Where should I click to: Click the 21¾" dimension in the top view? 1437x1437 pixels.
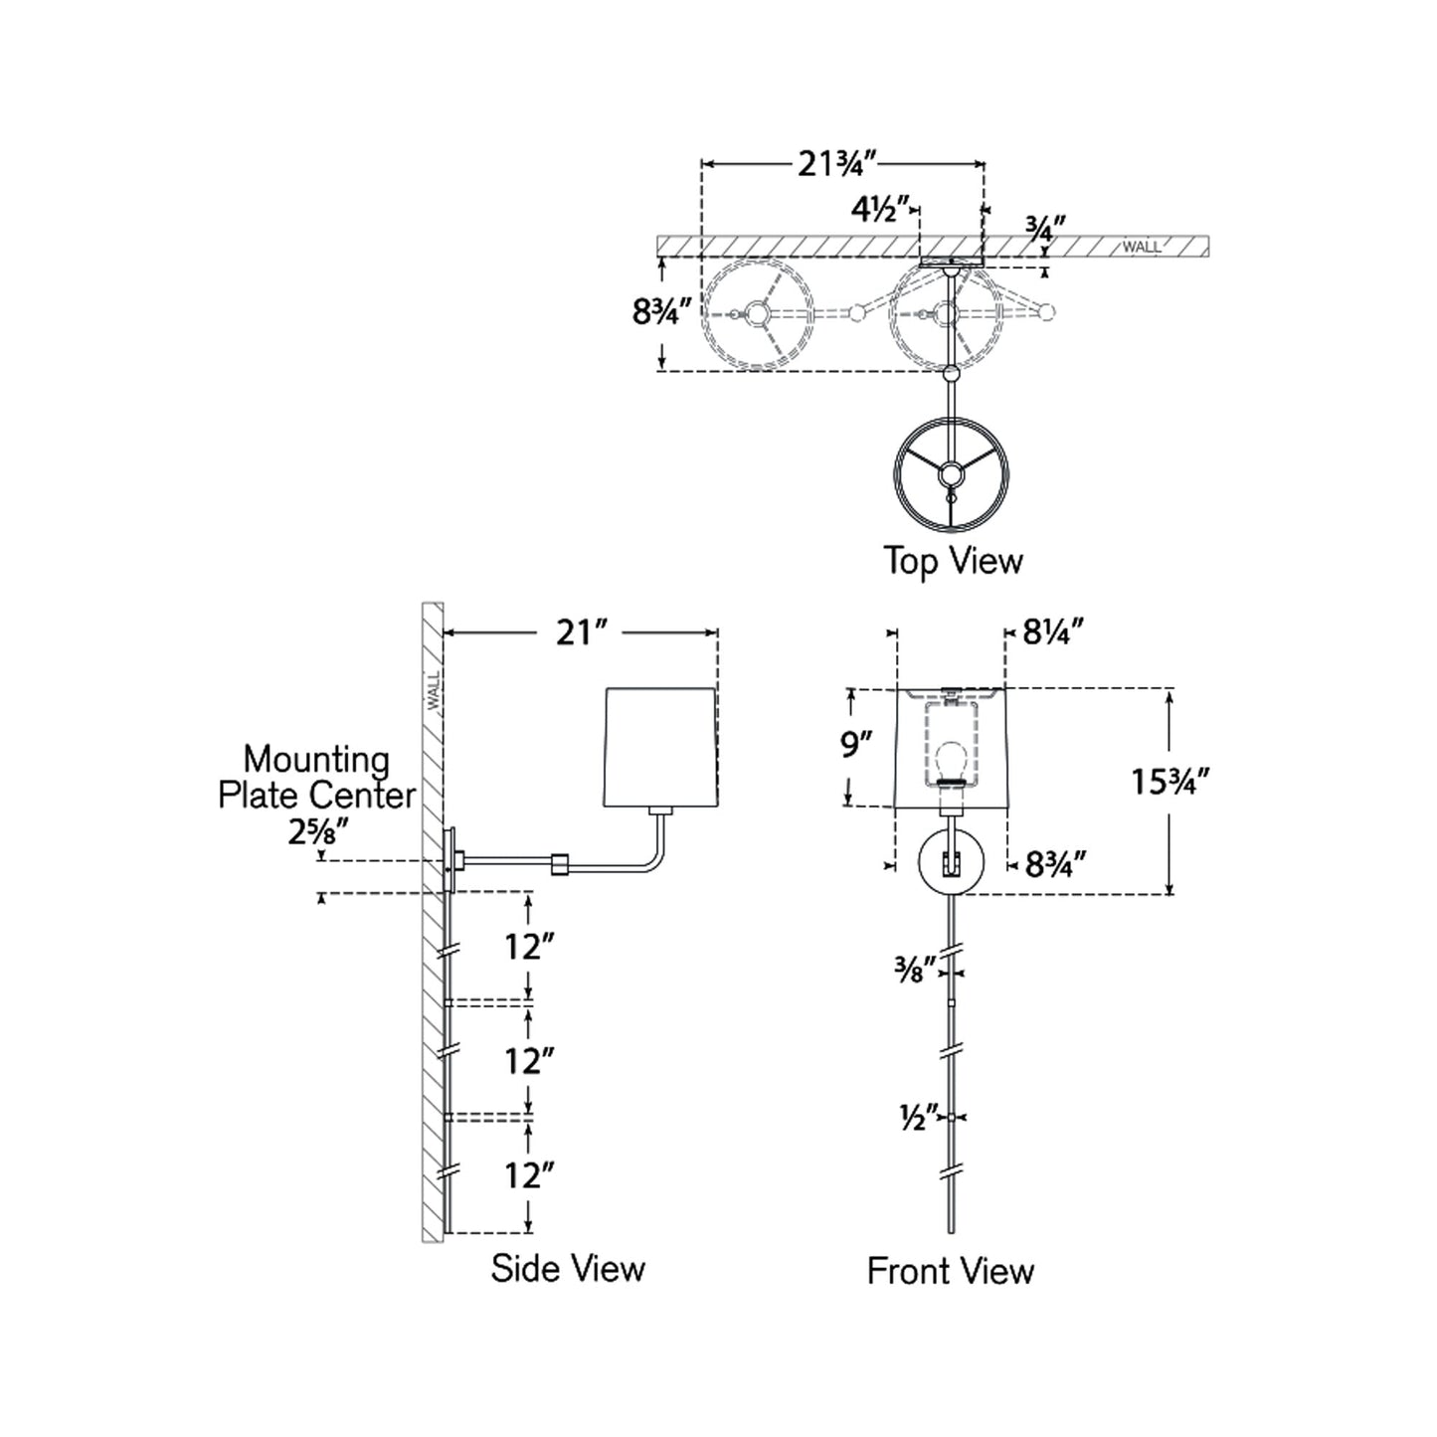(x=837, y=163)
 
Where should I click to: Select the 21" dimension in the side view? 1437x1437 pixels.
(x=581, y=631)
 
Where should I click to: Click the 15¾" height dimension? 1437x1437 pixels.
(x=1168, y=782)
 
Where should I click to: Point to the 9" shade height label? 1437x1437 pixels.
(x=855, y=743)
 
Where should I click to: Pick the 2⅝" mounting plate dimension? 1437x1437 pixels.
(x=317, y=831)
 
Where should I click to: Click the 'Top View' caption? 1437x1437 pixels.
(x=953, y=561)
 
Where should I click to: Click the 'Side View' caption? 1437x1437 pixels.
(x=567, y=1268)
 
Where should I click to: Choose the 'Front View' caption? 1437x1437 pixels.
(x=950, y=1271)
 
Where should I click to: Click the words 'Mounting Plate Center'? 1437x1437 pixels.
(x=316, y=777)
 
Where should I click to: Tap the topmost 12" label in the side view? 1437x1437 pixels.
(x=527, y=947)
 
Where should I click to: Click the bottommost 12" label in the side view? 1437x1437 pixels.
(x=527, y=1175)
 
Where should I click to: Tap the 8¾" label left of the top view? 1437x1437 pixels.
(x=661, y=312)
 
